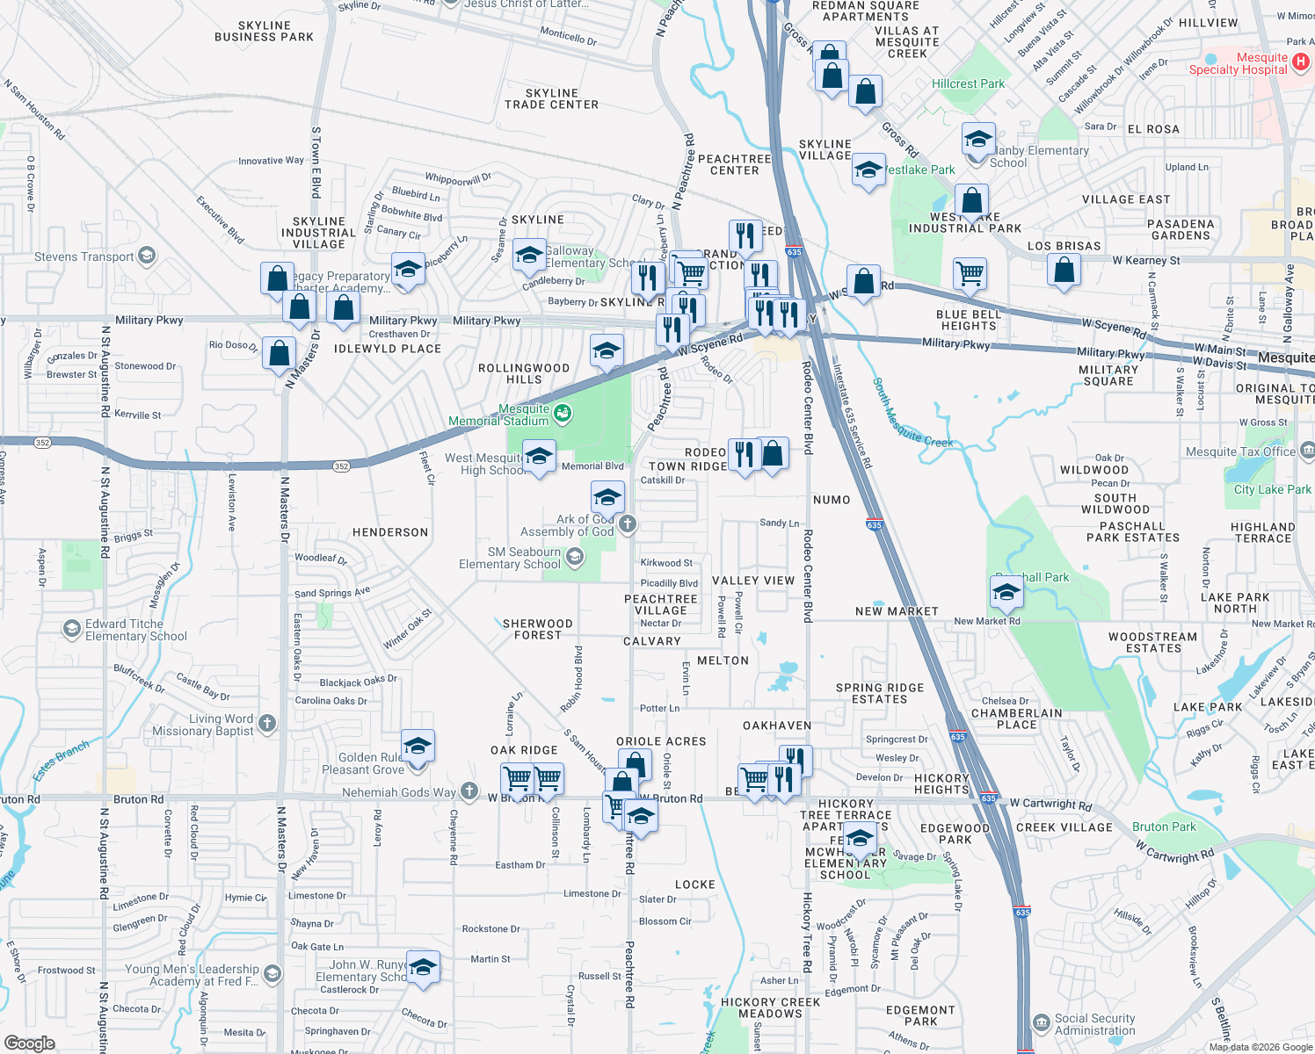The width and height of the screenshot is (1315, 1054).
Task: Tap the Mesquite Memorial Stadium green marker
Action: [563, 412]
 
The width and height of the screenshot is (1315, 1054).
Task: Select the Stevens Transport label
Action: [84, 256]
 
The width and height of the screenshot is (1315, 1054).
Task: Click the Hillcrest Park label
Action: [968, 83]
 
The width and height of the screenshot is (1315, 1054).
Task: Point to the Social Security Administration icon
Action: [1041, 1023]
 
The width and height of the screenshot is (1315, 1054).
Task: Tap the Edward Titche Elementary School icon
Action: [71, 629]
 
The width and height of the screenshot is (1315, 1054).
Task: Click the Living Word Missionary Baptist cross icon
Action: [268, 724]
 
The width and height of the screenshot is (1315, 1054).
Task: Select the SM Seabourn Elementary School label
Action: [510, 558]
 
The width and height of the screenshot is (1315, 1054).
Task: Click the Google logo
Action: [30, 1043]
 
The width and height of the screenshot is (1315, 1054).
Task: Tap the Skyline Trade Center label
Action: [551, 98]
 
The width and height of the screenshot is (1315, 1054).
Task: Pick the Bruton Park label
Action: [1164, 827]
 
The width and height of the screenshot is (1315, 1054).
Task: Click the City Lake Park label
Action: [1272, 489]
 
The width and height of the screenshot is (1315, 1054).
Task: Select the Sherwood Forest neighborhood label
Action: [537, 629]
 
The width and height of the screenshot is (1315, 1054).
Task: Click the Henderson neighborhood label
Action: [390, 532]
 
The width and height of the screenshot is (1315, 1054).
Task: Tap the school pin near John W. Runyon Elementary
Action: [423, 968]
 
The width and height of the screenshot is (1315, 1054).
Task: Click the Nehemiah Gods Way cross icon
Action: [469, 791]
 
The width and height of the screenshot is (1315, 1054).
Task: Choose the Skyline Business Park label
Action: [264, 32]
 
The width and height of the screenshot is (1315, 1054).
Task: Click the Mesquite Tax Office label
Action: [1240, 451]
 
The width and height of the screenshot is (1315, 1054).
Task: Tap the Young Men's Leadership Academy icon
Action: [272, 973]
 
